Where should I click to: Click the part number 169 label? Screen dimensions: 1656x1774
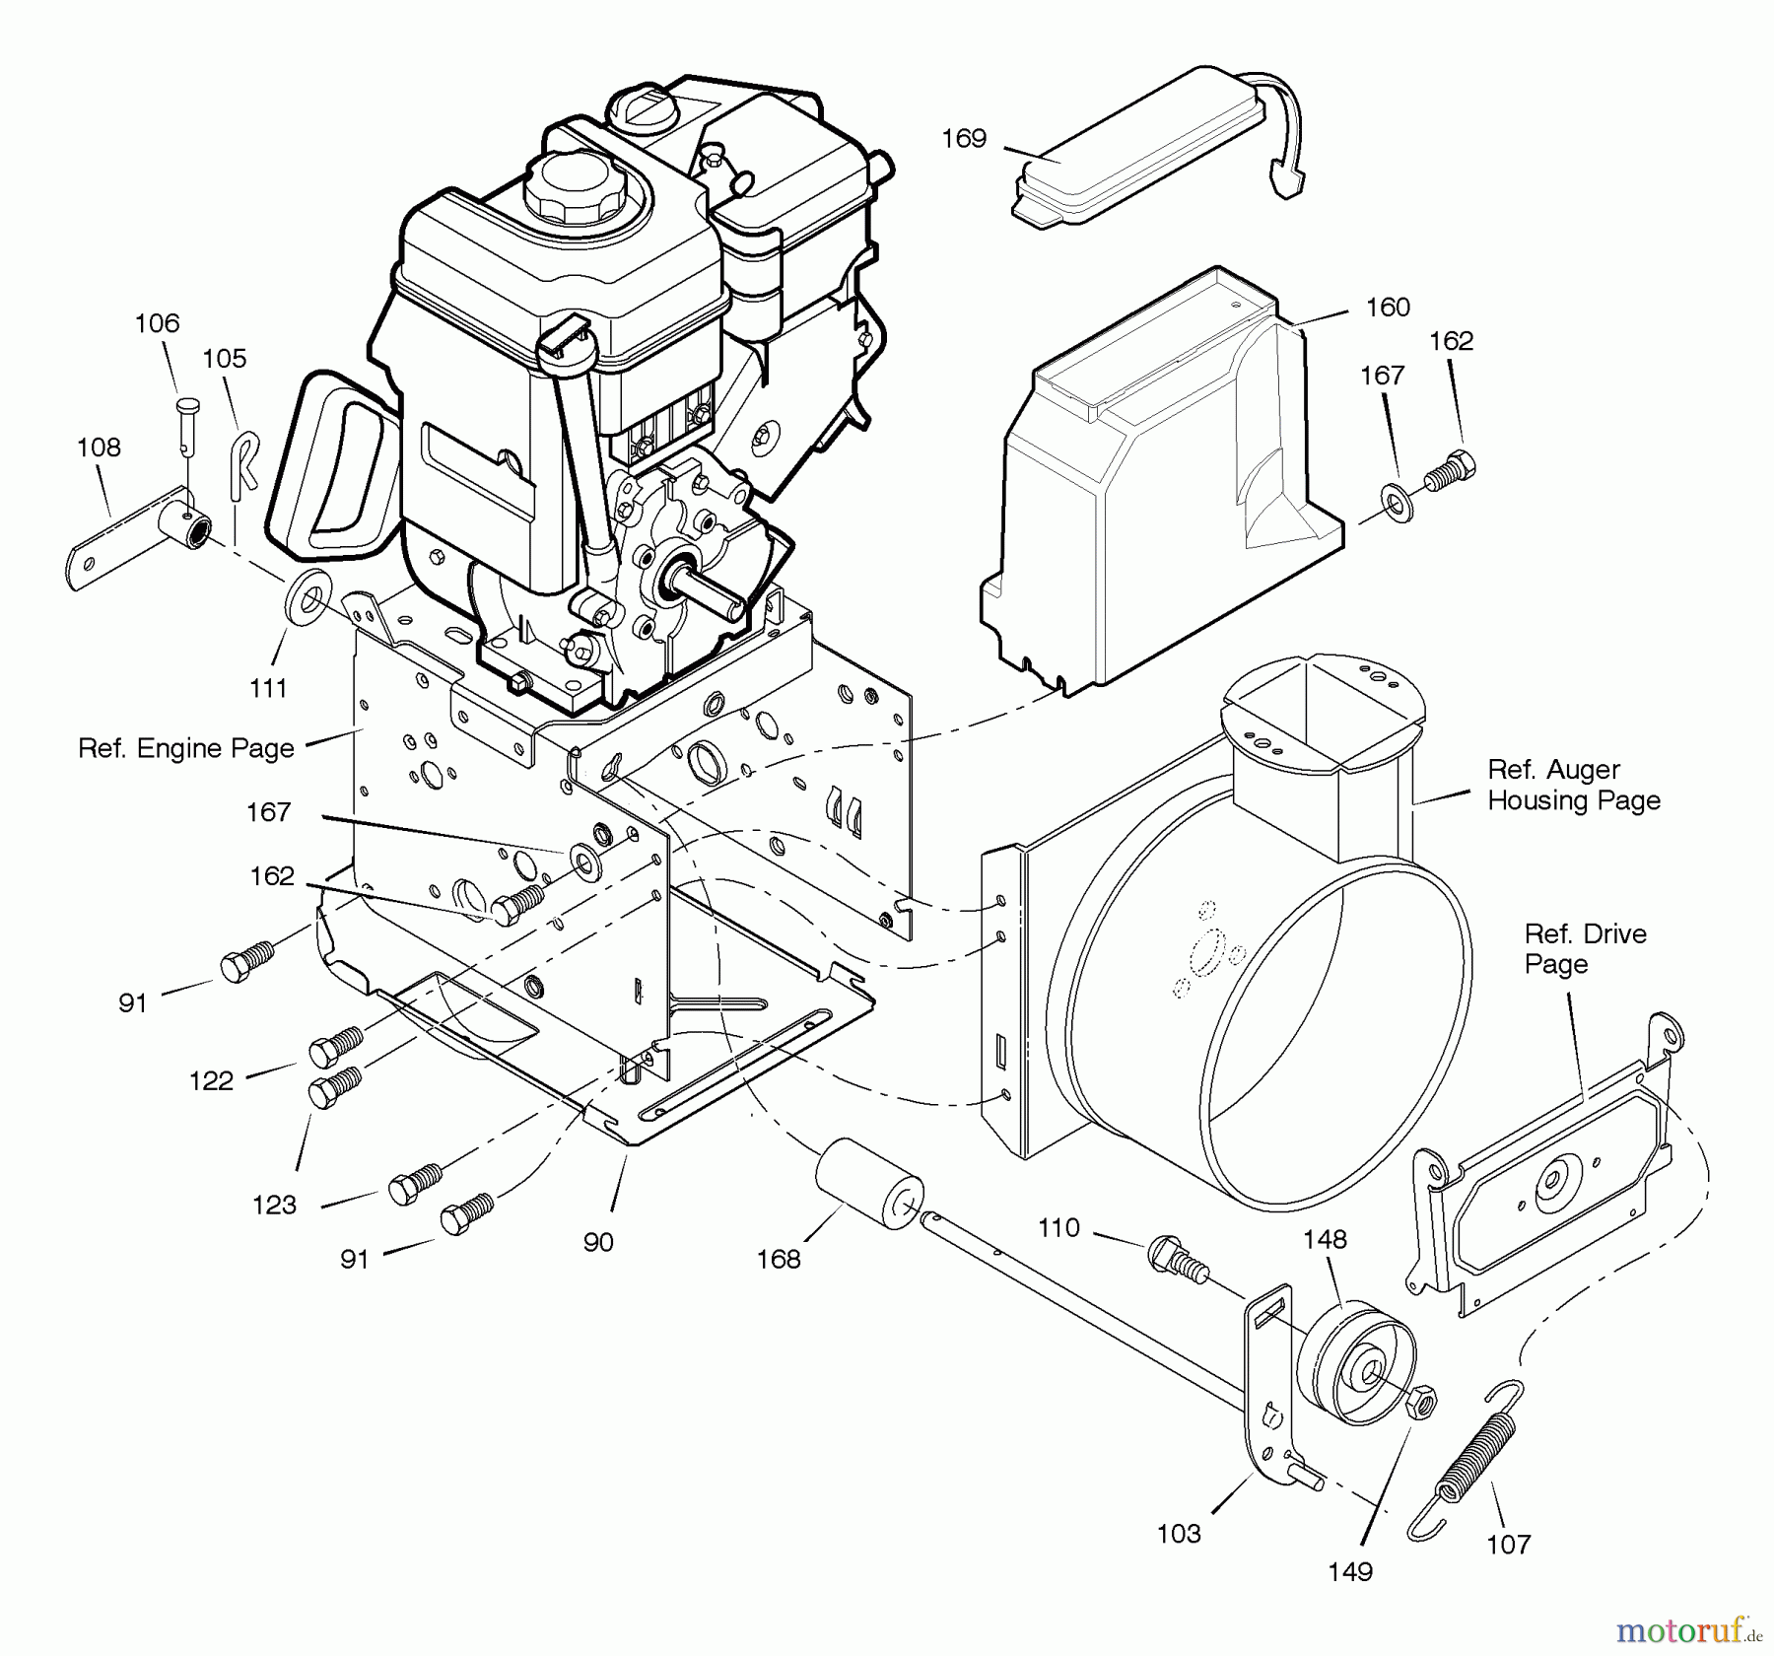point(963,139)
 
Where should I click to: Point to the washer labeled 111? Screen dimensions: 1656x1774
point(307,600)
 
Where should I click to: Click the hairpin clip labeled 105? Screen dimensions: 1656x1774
point(243,463)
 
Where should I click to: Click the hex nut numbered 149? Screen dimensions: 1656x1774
point(1420,1401)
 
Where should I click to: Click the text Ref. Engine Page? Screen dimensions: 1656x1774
point(186,748)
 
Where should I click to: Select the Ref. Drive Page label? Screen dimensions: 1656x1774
point(1584,948)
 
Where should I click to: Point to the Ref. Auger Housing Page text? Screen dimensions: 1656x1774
point(1573,785)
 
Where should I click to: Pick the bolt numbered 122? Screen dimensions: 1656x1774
point(335,1047)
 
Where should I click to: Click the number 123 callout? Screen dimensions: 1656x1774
point(274,1205)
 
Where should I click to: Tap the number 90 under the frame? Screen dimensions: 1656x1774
point(598,1242)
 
